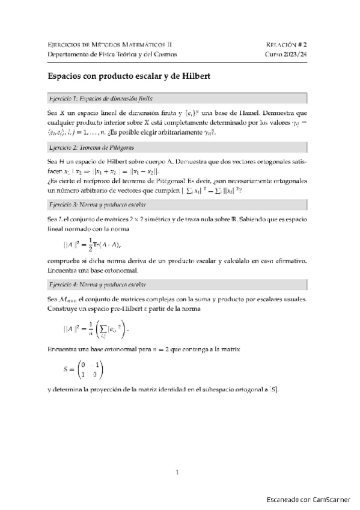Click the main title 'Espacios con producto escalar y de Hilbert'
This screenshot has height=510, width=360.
pos(127,77)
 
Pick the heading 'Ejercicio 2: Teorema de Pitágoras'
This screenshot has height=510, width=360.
pos(92,147)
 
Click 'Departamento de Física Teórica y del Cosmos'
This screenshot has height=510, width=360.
pos(112,54)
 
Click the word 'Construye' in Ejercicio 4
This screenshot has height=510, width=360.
pos(64,309)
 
